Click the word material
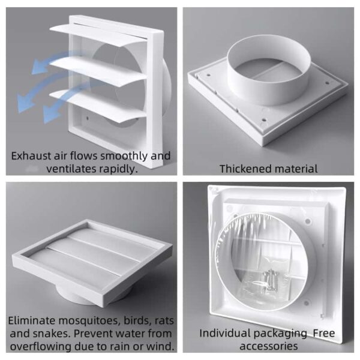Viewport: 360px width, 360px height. click(296, 169)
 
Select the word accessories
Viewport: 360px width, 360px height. click(269, 346)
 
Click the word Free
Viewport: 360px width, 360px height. click(324, 334)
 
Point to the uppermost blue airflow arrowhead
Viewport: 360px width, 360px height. click(39, 68)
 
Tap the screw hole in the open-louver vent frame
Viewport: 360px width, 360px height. click(87, 118)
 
